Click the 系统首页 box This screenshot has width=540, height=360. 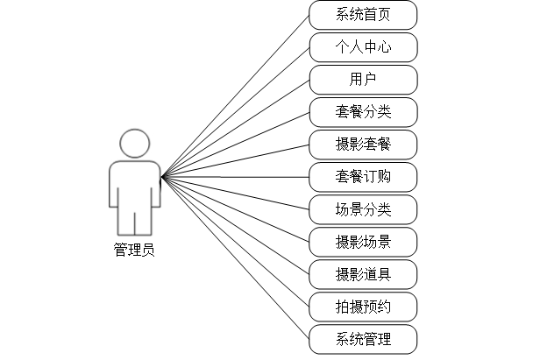363,15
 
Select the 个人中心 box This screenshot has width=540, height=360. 363,47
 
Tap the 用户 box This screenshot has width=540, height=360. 363,80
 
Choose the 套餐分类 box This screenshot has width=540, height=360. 363,112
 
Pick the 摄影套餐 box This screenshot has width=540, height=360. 363,145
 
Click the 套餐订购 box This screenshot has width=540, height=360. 363,177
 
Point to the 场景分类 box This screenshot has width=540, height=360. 363,209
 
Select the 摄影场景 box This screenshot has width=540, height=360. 363,242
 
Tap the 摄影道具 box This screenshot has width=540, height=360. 363,274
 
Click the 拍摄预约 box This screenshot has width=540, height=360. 363,307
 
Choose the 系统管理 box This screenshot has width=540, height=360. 363,339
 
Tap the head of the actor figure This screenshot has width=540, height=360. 134,144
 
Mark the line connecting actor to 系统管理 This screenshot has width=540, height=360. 235,258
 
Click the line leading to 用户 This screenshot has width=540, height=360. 235,129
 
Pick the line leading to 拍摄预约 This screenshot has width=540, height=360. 235,242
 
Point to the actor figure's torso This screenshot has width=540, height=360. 134,184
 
